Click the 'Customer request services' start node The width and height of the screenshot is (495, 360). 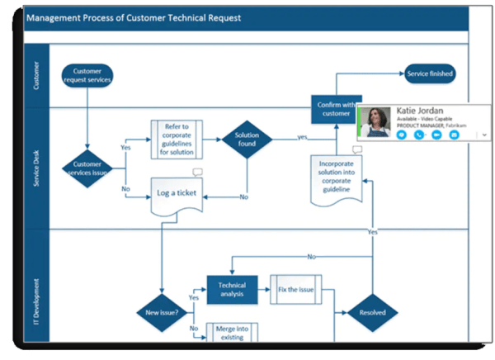coord(87,75)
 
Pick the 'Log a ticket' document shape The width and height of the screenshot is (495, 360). coord(177,194)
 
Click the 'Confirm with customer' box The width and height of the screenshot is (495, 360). coord(337,108)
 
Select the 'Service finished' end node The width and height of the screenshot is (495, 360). coord(430,74)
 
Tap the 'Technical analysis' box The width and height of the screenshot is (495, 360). coord(232,290)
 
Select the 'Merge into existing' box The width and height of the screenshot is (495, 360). coord(232,333)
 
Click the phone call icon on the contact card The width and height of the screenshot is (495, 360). coord(417,134)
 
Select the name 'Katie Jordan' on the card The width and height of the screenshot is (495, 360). coord(421,111)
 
